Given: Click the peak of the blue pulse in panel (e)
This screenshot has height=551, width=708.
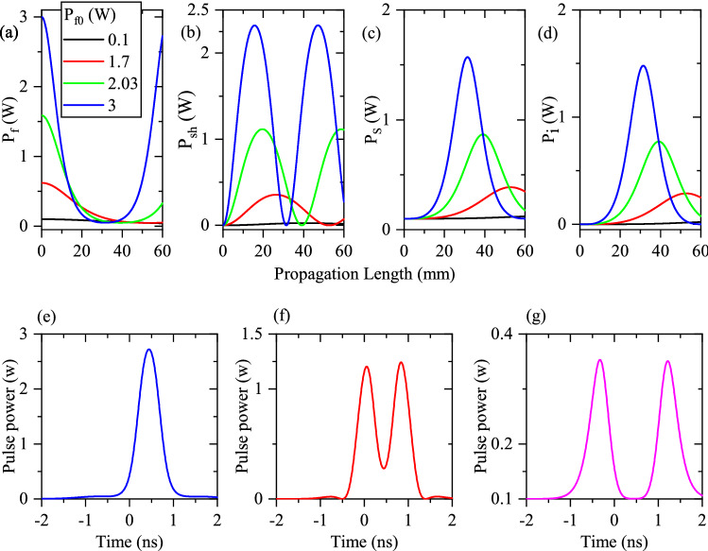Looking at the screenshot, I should point(148,350).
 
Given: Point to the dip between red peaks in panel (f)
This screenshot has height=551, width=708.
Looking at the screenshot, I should point(384,468).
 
